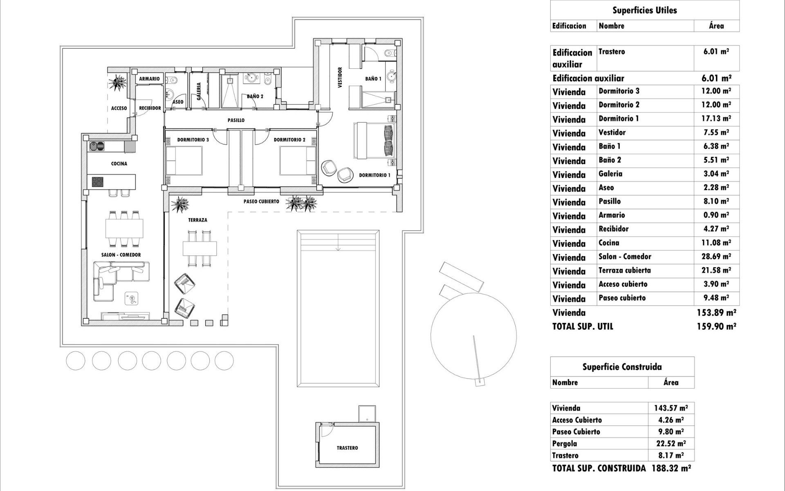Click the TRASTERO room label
click(347, 448)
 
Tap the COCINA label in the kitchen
click(119, 164)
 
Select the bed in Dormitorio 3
click(184, 161)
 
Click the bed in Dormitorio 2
click(297, 161)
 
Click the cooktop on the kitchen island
click(98, 181)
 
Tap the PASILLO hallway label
click(236, 120)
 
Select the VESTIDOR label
click(340, 78)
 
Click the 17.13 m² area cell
click(716, 119)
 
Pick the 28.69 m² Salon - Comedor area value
click(716, 257)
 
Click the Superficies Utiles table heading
click(644, 11)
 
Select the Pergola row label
click(564, 444)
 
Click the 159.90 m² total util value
click(716, 327)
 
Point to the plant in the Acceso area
click(119, 81)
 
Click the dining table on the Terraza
click(200, 248)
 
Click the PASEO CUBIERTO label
click(261, 202)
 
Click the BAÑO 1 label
click(373, 79)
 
